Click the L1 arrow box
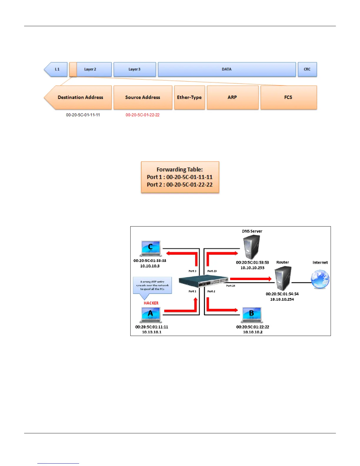click(x=56, y=69)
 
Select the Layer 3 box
click(x=135, y=69)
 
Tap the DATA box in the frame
click(x=226, y=69)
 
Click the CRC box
click(x=307, y=69)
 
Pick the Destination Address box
click(x=80, y=97)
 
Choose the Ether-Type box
click(x=189, y=97)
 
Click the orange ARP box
click(x=232, y=97)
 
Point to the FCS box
click(x=288, y=97)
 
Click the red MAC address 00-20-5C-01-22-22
click(x=143, y=115)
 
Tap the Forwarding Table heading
click(x=180, y=169)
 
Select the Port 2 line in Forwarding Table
click(x=180, y=185)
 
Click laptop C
click(x=151, y=249)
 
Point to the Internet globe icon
click(x=320, y=279)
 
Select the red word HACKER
click(x=151, y=303)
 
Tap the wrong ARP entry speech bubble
click(x=152, y=285)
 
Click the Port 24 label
click(x=231, y=286)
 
